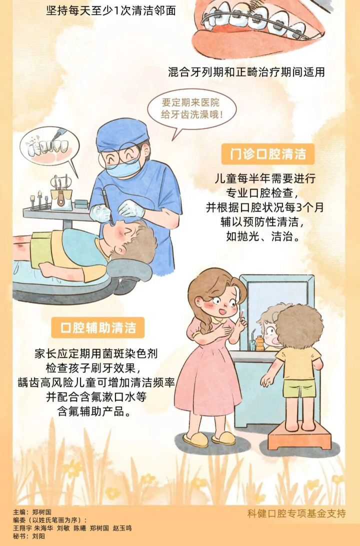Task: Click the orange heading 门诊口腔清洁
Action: click(x=267, y=154)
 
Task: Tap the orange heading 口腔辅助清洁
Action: click(x=98, y=327)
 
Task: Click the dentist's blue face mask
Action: click(x=123, y=167)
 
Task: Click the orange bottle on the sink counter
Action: click(x=259, y=343)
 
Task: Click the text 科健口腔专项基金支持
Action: click(x=296, y=513)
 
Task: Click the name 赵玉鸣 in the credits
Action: click(x=122, y=528)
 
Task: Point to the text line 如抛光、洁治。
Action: click(x=263, y=237)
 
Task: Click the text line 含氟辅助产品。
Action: click(x=95, y=411)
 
